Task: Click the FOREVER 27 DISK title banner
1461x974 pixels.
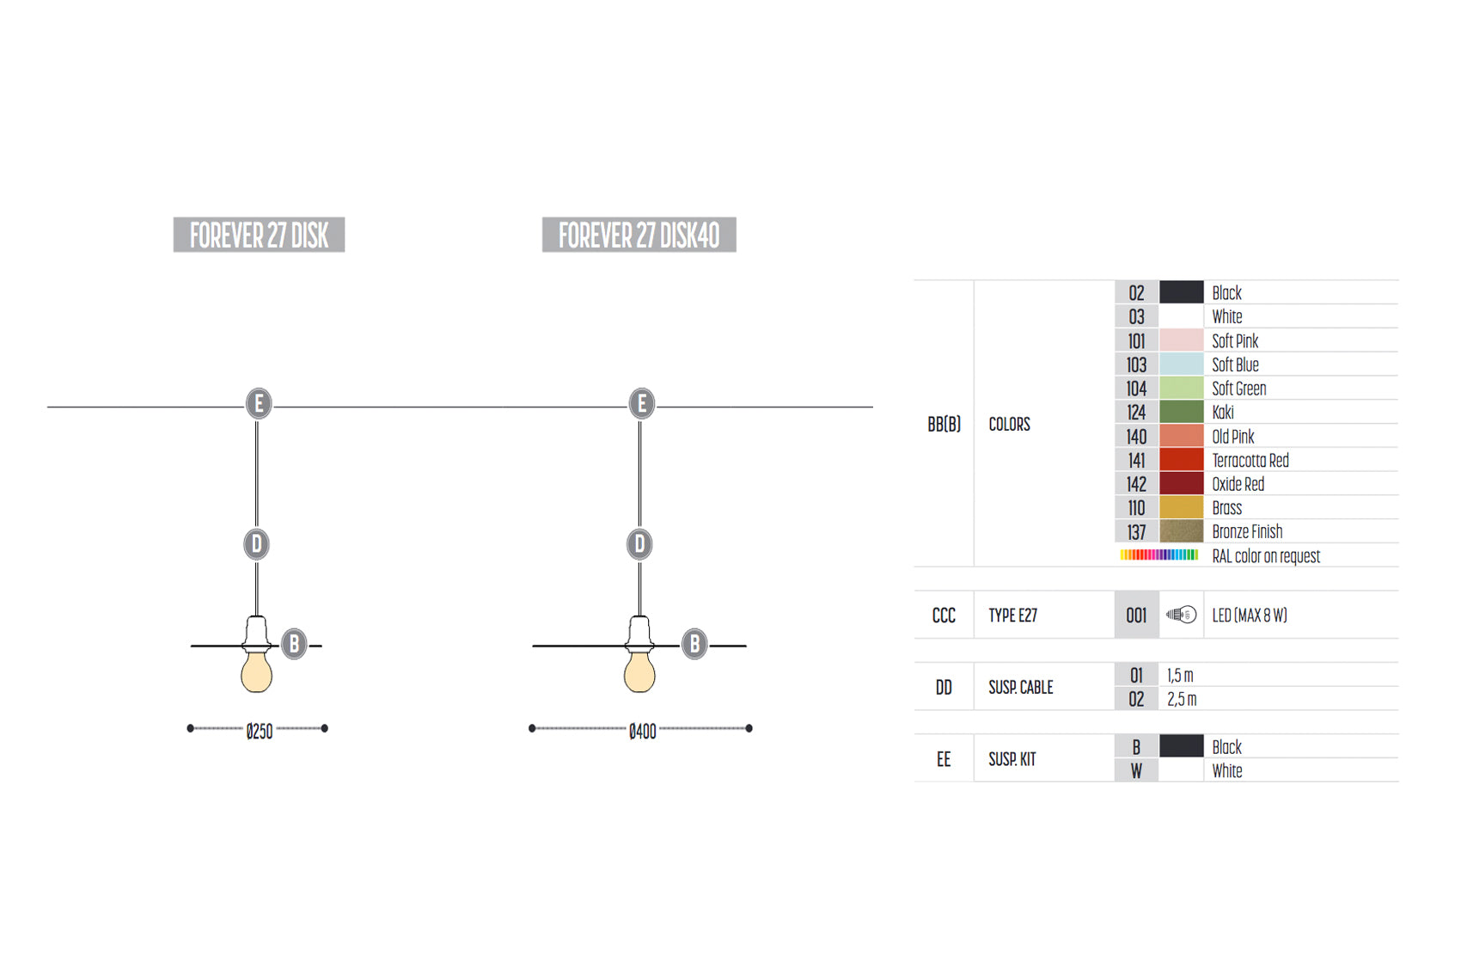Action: coord(259,235)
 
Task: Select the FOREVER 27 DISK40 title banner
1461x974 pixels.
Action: coord(639,235)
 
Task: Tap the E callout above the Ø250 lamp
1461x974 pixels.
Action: coord(259,403)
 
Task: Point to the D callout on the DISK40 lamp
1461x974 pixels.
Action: coord(639,544)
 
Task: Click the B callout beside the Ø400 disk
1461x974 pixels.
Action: coord(694,644)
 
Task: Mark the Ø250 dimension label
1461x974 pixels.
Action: coord(260,732)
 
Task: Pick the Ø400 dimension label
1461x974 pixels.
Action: coord(643,732)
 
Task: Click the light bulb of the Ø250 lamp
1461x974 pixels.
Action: coord(256,671)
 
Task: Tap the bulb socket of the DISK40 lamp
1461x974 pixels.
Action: coord(639,633)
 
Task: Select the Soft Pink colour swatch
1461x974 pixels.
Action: coord(1181,340)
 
